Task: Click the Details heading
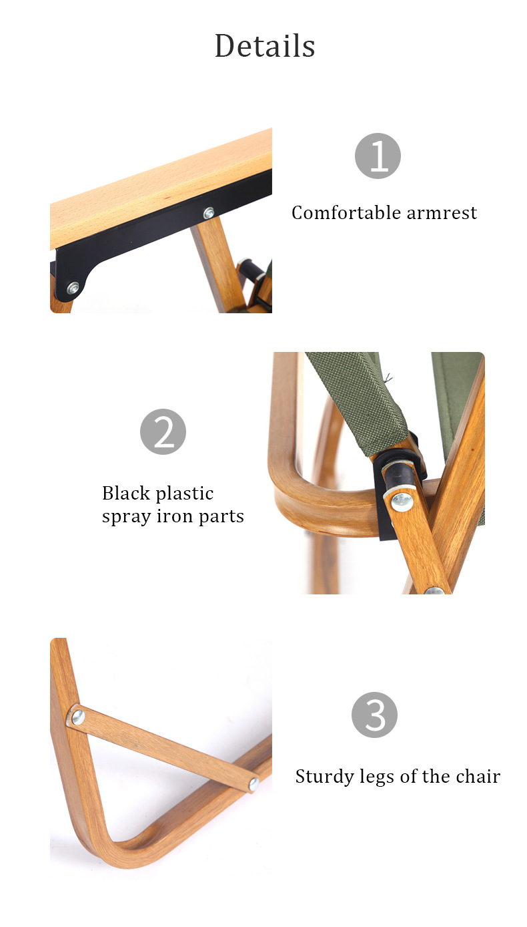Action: pos(265,46)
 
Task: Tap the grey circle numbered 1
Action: pos(378,156)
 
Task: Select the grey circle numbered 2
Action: pos(163,431)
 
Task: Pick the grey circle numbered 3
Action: pos(374,715)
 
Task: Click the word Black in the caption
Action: pos(125,493)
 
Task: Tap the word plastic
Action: pos(184,494)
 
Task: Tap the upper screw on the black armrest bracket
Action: pos(209,212)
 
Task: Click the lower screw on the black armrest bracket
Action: pos(73,287)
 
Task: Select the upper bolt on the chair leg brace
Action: pos(77,717)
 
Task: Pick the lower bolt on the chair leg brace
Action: pos(253,783)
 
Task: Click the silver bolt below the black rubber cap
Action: pos(402,502)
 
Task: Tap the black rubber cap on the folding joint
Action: pos(398,475)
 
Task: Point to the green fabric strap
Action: pos(359,401)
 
